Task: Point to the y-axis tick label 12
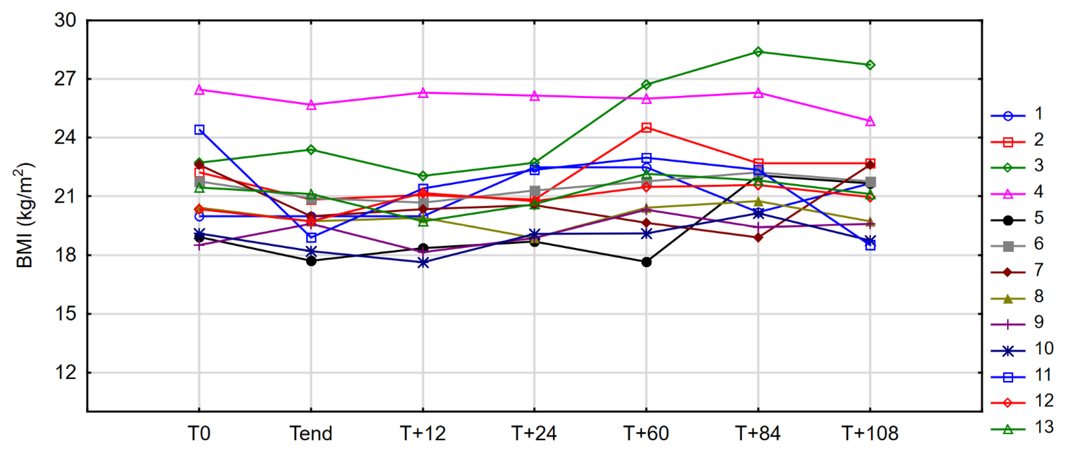[x=65, y=373]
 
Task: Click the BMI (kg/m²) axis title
[x=25, y=215]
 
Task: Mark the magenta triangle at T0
[x=199, y=90]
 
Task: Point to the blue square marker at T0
[x=199, y=130]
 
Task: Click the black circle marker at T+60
[x=646, y=262]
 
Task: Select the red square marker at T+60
[x=646, y=127]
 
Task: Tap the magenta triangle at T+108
[x=870, y=121]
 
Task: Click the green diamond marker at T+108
[x=870, y=65]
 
